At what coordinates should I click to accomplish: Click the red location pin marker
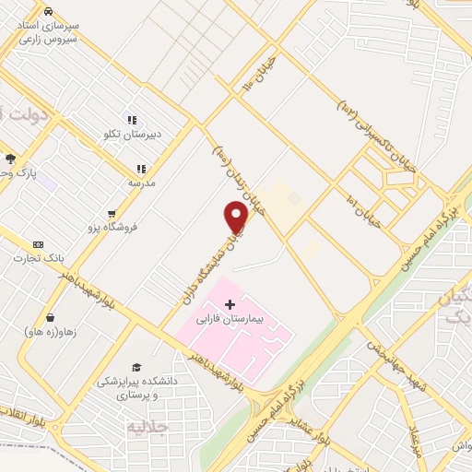coord(237,216)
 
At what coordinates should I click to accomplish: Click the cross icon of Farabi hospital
coord(230,303)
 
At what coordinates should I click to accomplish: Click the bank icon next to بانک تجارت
coord(38,244)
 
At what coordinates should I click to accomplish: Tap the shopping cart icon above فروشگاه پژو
coord(112,213)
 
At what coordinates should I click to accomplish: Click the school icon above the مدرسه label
coord(140,169)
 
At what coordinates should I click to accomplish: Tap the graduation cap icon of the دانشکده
coord(137,368)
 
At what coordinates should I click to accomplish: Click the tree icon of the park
coord(10,159)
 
